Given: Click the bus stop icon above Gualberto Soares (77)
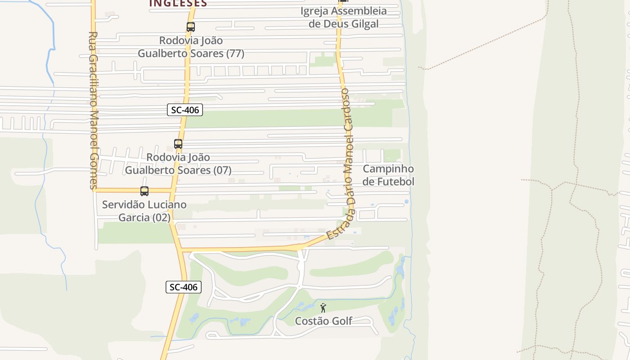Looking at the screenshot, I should [x=191, y=27].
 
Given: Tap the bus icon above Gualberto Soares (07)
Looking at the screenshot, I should [x=178, y=144].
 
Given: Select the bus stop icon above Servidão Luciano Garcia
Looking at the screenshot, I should [x=144, y=191].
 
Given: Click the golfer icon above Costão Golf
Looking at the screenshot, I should [x=323, y=308].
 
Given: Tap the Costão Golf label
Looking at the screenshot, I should [x=324, y=321].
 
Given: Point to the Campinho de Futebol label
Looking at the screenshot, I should [x=388, y=175].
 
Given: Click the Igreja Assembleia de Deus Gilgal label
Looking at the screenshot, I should [x=344, y=17].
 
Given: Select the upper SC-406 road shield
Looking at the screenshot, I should [x=185, y=110].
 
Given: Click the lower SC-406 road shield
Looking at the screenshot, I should [x=184, y=287].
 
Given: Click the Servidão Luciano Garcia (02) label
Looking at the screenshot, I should [x=144, y=211].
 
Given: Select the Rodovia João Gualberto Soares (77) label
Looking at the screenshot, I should [x=191, y=47].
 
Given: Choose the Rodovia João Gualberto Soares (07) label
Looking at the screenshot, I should [x=178, y=164].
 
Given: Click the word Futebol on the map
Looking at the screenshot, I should [x=395, y=182].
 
